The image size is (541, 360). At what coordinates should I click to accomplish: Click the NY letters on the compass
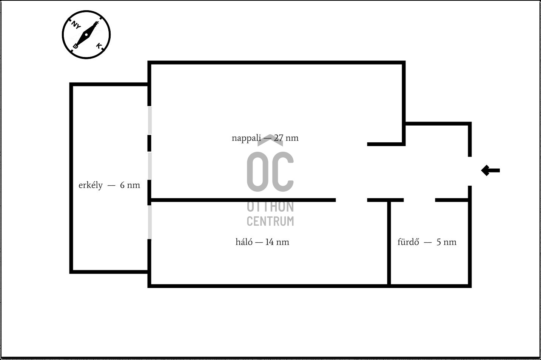tap(76, 25)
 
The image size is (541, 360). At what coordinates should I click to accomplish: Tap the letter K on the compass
tap(99, 46)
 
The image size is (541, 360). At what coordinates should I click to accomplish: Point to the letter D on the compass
tap(76, 46)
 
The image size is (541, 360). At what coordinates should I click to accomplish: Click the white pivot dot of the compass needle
tap(86, 35)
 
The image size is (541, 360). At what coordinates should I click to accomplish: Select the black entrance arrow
tap(490, 171)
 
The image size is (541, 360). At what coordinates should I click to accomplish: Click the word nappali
tap(246, 138)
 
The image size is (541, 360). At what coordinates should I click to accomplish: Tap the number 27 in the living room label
tap(279, 138)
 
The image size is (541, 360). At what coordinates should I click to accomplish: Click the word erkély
tap(91, 185)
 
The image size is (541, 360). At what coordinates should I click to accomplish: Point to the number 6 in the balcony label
tap(122, 185)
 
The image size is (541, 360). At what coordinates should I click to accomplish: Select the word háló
tap(244, 242)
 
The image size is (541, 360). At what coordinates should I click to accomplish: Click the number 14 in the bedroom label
tap(269, 242)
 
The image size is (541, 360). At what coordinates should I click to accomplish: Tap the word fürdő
tap(408, 242)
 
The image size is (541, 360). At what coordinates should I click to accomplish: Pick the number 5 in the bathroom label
tap(439, 242)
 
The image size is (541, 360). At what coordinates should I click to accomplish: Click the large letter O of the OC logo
tap(258, 172)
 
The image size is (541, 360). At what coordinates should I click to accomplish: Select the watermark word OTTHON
tap(270, 207)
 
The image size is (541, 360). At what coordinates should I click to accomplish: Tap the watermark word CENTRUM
tap(270, 221)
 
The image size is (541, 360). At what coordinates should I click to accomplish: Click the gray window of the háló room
tap(150, 222)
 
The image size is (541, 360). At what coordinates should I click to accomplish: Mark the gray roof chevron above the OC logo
tap(270, 140)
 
